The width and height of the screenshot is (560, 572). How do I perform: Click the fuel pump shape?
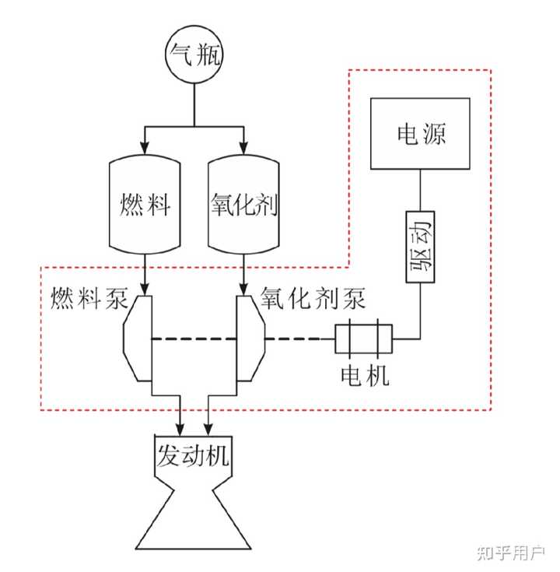138,339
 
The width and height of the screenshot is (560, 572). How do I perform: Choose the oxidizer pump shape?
250,339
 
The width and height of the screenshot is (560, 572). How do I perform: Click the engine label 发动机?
194,454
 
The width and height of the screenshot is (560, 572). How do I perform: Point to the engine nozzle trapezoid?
194,518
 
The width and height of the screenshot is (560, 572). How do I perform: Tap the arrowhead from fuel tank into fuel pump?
144,288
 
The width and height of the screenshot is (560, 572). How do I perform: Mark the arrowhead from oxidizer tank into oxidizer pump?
244,288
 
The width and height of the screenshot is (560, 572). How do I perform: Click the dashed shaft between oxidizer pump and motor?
299,339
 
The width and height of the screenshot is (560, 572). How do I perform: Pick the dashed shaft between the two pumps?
194,339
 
